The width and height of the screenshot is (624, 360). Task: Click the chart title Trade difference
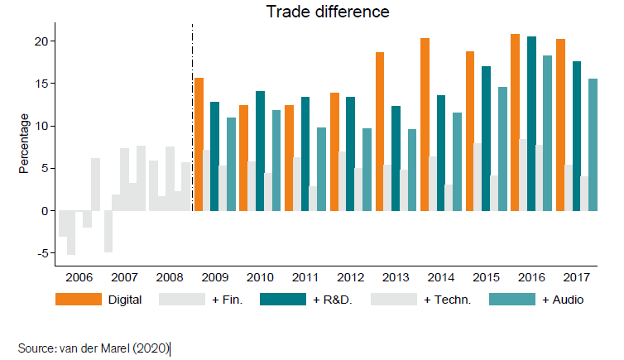coord(327,12)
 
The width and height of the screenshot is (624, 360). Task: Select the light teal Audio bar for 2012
coord(367,169)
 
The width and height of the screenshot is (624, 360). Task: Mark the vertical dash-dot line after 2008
coord(192,124)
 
